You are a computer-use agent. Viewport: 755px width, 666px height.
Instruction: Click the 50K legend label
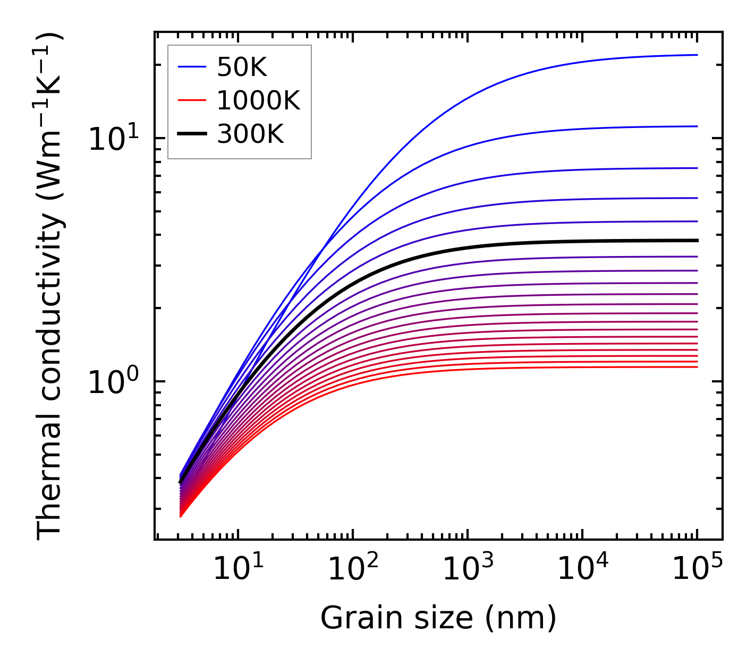tap(242, 67)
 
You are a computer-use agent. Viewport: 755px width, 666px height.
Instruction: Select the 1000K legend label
tap(258, 100)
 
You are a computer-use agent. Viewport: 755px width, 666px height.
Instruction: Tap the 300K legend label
tap(250, 134)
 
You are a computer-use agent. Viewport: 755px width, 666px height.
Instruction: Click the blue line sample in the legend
tap(192, 67)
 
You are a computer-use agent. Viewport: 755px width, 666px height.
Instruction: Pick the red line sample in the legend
tap(192, 100)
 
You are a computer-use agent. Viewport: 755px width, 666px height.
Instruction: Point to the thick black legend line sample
tap(192, 134)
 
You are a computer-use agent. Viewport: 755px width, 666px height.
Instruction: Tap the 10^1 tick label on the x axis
tap(237, 570)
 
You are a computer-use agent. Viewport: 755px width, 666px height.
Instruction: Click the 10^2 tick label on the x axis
tap(353, 570)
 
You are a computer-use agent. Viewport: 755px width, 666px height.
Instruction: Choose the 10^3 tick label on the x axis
tap(468, 570)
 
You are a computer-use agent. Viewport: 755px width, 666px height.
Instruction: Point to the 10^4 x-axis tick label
tap(582, 570)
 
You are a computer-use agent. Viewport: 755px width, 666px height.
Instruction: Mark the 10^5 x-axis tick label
tap(697, 570)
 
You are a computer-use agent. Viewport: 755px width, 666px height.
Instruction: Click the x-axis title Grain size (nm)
tap(438, 618)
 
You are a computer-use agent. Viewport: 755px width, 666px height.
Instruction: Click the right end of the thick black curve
tap(696, 241)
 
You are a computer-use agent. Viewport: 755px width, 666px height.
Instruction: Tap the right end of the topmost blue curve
tap(696, 55)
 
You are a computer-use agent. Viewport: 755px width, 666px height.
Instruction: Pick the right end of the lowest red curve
tap(696, 367)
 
